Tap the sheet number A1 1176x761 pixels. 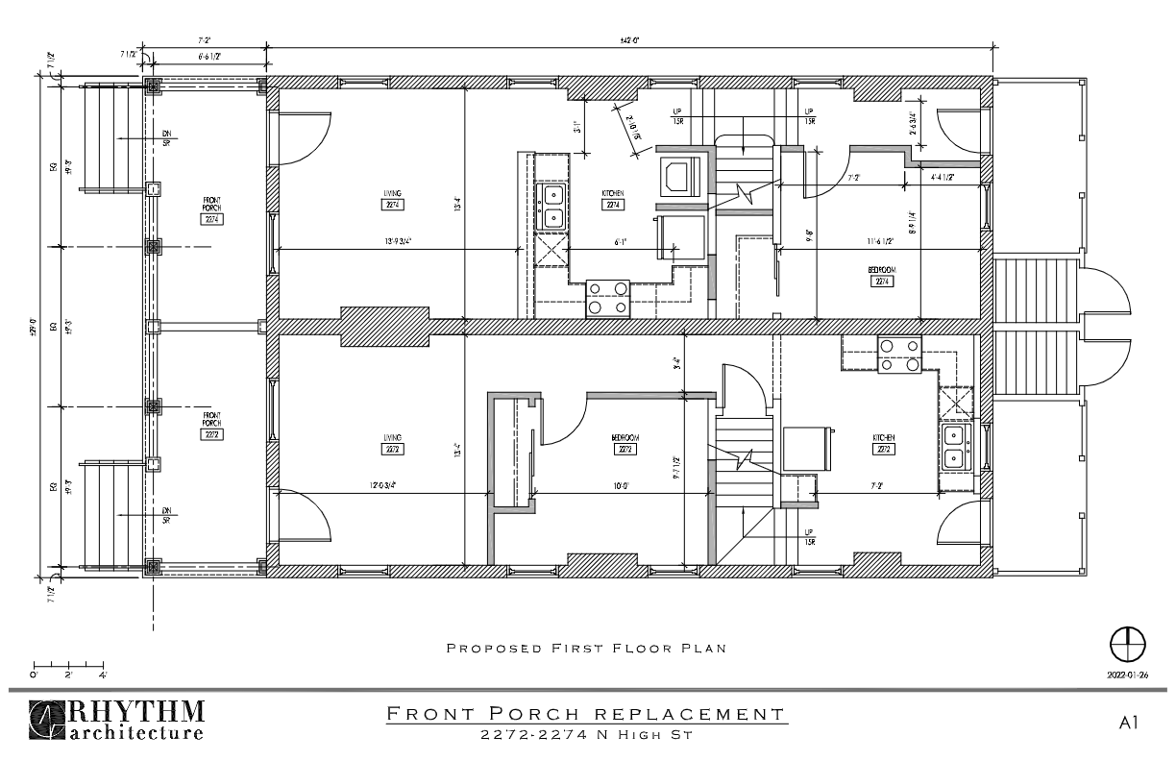pyautogui.click(x=1129, y=723)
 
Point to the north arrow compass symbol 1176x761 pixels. pyautogui.click(x=1128, y=643)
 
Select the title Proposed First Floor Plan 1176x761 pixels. pyautogui.click(x=586, y=649)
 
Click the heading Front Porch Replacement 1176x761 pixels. pyautogui.click(x=586, y=714)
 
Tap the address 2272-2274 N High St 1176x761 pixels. pyautogui.click(x=586, y=735)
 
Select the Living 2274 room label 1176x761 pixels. pyautogui.click(x=392, y=200)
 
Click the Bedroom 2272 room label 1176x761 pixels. pyautogui.click(x=625, y=443)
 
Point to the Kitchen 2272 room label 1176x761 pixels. pyautogui.click(x=884, y=443)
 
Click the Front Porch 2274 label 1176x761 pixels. pyautogui.click(x=212, y=211)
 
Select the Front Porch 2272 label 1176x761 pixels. pyautogui.click(x=212, y=428)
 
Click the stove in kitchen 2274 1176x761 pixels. pyautogui.click(x=607, y=297)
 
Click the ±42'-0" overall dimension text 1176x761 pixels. pyautogui.click(x=629, y=40)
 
